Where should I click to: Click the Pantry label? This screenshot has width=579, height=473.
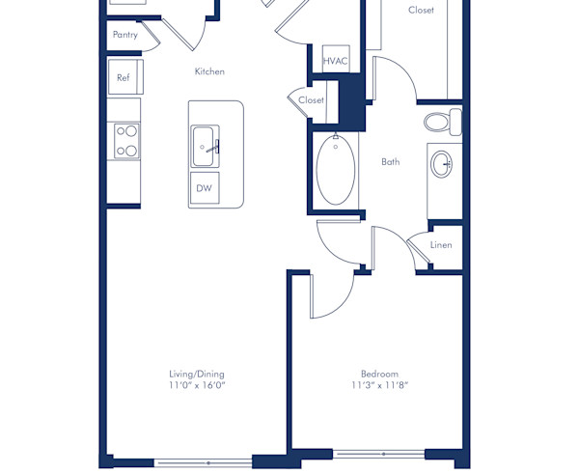pyautogui.click(x=125, y=35)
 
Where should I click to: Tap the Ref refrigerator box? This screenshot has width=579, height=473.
pyautogui.click(x=124, y=77)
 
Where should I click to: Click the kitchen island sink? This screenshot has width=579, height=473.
pyautogui.click(x=205, y=147)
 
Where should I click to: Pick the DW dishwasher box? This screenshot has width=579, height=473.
pyautogui.click(x=204, y=188)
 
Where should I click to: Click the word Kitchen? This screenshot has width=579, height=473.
pyautogui.click(x=209, y=71)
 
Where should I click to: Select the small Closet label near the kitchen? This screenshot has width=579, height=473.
pyautogui.click(x=311, y=100)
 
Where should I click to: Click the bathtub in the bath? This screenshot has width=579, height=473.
pyautogui.click(x=336, y=170)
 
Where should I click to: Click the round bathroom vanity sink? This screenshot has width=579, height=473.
pyautogui.click(x=443, y=164)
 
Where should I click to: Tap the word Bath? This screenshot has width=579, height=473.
pyautogui.click(x=390, y=162)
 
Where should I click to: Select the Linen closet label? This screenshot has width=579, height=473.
pyautogui.click(x=441, y=245)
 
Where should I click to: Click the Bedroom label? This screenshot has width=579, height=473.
pyautogui.click(x=379, y=374)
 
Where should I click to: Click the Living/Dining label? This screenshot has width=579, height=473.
pyautogui.click(x=197, y=374)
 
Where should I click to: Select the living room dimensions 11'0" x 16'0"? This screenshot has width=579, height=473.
pyautogui.click(x=197, y=384)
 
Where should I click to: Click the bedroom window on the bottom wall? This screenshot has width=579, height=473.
pyautogui.click(x=383, y=454)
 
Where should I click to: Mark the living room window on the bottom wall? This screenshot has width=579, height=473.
pyautogui.click(x=207, y=462)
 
